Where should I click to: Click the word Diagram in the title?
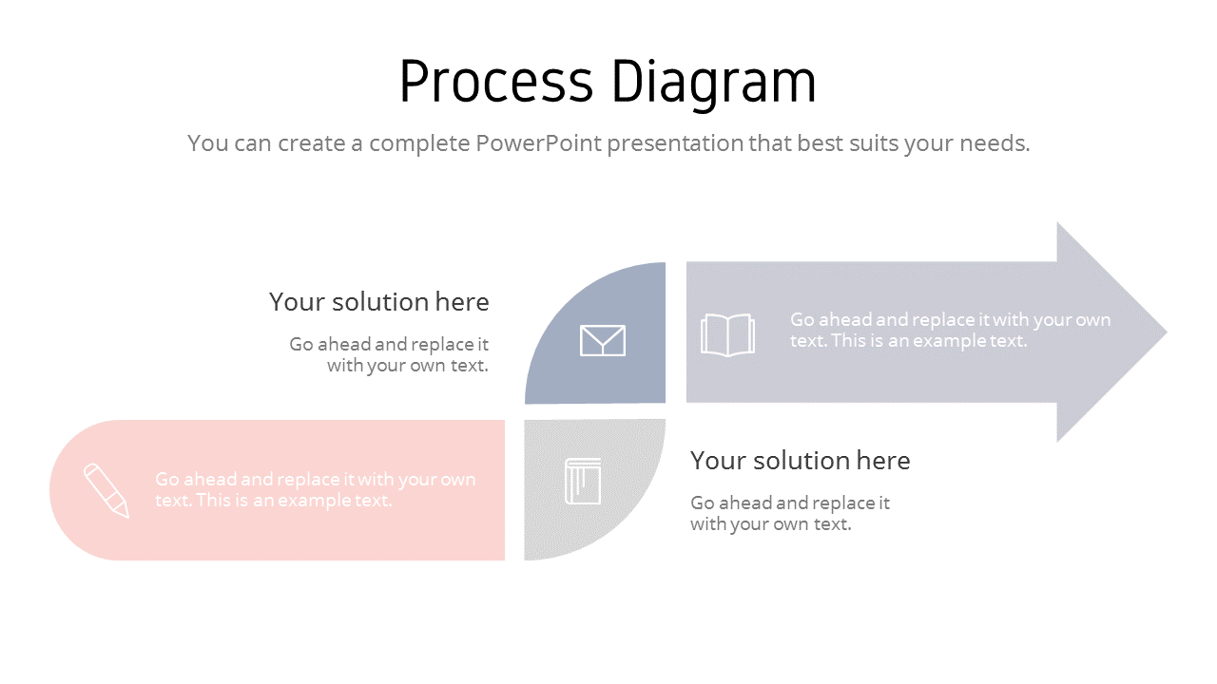713,83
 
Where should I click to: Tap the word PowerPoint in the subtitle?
539,143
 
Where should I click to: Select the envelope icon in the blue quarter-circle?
603,340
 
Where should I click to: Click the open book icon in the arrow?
727,334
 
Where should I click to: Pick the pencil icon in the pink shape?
106,490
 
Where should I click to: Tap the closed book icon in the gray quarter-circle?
583,482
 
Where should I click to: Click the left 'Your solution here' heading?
378,302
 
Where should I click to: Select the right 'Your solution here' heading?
800,461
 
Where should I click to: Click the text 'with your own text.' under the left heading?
407,366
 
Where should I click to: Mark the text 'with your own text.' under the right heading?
770,524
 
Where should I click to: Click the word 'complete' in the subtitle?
417,143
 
